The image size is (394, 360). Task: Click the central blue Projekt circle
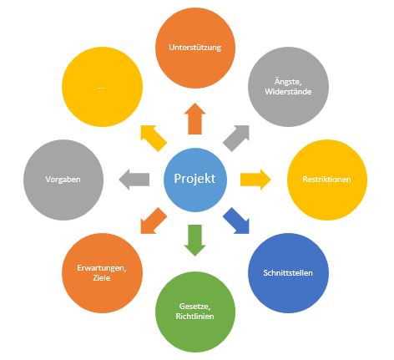point(195,180)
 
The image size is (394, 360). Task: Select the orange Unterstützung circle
point(195,48)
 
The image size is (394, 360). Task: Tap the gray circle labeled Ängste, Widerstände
point(288,87)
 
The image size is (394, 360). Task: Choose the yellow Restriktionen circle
point(327,180)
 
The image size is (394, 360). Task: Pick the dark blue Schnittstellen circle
point(288,273)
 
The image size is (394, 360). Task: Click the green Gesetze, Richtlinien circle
point(195,312)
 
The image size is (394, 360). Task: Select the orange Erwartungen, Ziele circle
point(102,273)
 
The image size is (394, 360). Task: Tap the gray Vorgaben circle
point(63,180)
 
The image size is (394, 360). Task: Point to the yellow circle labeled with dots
point(102,87)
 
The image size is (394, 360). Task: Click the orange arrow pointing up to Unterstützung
point(194,119)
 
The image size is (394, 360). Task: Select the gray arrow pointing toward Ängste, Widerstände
point(236,138)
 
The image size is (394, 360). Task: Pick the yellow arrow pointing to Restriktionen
point(255,180)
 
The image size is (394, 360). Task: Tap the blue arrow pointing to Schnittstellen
point(236,221)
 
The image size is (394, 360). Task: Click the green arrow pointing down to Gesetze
point(194,241)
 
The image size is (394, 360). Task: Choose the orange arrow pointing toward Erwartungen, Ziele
point(154,221)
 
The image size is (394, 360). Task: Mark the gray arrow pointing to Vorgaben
point(134,180)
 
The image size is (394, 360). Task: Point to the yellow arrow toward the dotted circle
point(154,138)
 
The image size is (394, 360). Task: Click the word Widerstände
point(288,92)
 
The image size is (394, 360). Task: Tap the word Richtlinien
point(195,317)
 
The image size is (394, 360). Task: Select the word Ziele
point(102,278)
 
